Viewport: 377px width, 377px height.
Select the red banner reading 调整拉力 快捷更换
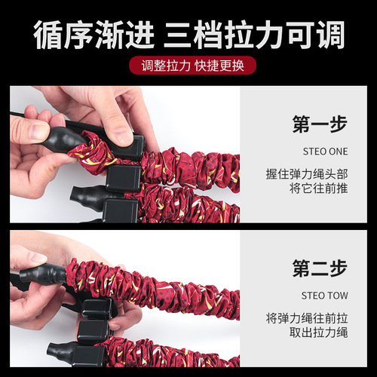pos(188,65)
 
